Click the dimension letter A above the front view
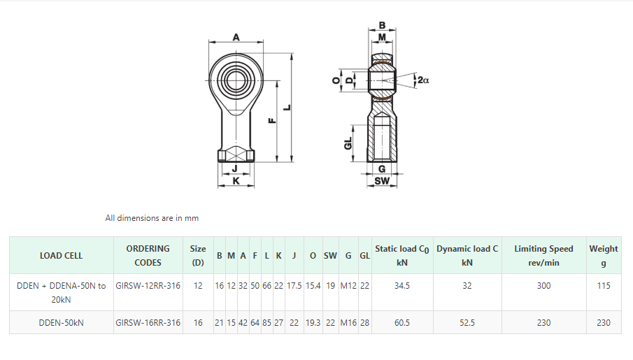click(x=236, y=37)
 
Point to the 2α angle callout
click(x=423, y=80)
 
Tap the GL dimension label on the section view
click(x=348, y=143)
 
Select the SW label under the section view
click(x=382, y=181)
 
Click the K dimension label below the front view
click(x=236, y=181)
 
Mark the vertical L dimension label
click(x=287, y=108)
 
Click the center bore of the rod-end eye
click(x=236, y=80)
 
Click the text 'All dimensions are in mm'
click(x=152, y=218)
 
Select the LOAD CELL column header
click(x=61, y=255)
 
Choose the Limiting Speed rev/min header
click(x=543, y=255)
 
